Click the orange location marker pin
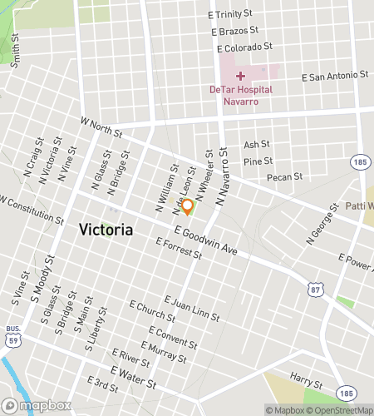(x=188, y=206)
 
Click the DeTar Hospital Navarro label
(x=240, y=95)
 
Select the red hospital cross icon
(x=240, y=76)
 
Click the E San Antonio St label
(x=336, y=76)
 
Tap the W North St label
(x=101, y=127)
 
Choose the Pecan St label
(x=284, y=177)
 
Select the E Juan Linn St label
(x=192, y=308)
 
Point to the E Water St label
(x=134, y=377)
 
